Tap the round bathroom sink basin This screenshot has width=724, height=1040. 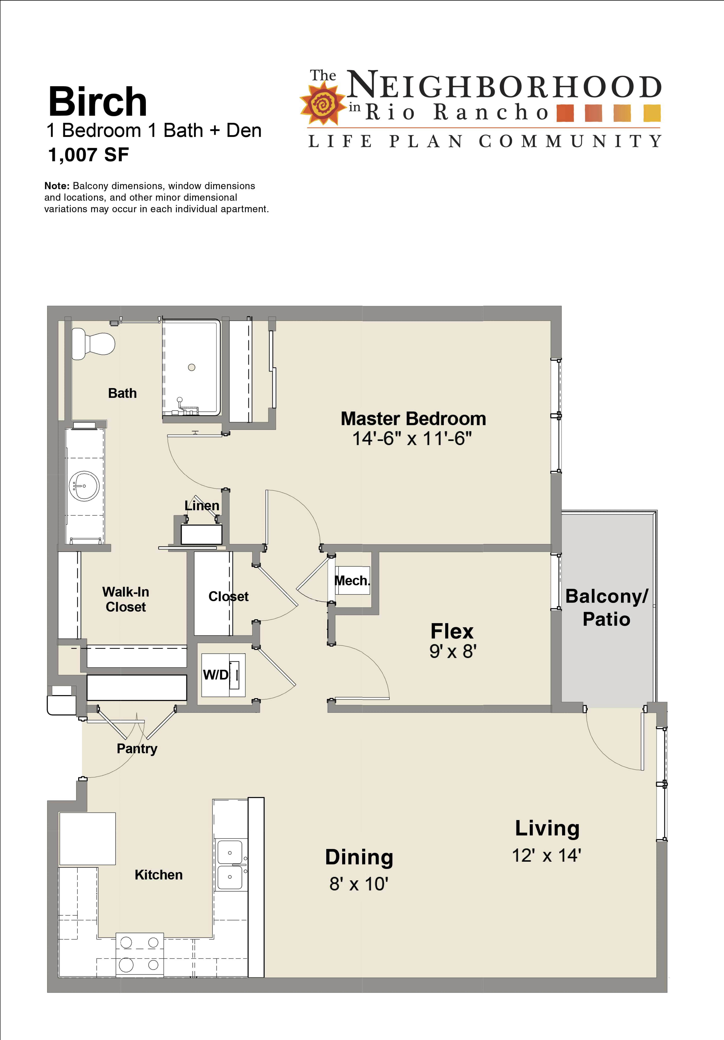tap(84, 486)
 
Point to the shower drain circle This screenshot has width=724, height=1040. tap(192, 367)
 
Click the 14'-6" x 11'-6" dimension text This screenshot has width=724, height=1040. tap(412, 439)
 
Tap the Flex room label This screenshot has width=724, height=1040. tap(452, 631)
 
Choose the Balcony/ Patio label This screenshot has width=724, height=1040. tap(607, 607)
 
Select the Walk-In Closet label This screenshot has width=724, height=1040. tap(126, 599)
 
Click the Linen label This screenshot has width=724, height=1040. tap(202, 505)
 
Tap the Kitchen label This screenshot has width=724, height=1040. tap(159, 875)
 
